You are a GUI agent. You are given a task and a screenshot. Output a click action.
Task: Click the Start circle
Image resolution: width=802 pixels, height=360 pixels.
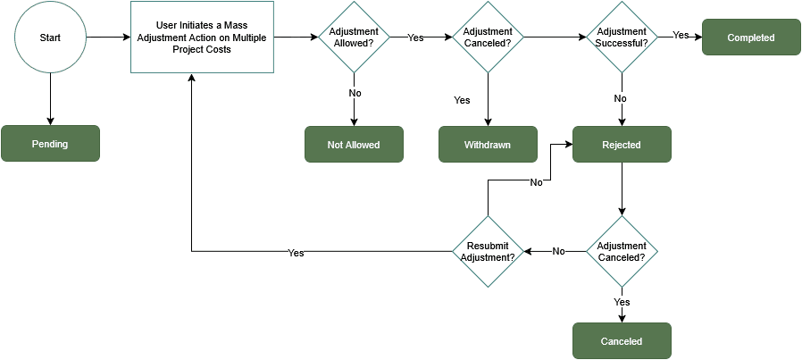pyautogui.click(x=50, y=38)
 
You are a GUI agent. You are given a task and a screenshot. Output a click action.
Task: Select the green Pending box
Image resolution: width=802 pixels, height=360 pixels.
pyautogui.click(x=50, y=144)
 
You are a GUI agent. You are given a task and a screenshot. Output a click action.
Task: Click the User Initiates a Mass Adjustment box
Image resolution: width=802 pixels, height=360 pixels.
pyautogui.click(x=202, y=38)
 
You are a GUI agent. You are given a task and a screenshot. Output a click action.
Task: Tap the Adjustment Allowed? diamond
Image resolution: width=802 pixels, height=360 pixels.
pyautogui.click(x=354, y=38)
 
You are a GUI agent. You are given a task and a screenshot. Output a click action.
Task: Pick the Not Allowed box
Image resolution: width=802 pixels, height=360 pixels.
pyautogui.click(x=354, y=145)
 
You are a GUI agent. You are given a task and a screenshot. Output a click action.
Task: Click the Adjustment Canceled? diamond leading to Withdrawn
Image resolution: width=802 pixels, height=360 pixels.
pyautogui.click(x=488, y=38)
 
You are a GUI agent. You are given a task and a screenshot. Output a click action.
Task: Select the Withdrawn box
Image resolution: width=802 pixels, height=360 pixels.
pyautogui.click(x=488, y=145)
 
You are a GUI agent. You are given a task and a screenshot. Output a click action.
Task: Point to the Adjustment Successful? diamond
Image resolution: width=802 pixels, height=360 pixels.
pyautogui.click(x=622, y=38)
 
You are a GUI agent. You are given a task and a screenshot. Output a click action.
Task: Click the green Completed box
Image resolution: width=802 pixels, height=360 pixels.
pyautogui.click(x=751, y=38)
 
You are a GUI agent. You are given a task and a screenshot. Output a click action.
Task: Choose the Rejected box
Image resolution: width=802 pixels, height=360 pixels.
pyautogui.click(x=622, y=145)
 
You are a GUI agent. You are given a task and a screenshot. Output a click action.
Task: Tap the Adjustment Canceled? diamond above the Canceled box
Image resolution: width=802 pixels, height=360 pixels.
pyautogui.click(x=622, y=251)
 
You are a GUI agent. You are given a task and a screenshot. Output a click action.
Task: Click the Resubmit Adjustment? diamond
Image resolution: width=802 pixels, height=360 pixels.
pyautogui.click(x=488, y=251)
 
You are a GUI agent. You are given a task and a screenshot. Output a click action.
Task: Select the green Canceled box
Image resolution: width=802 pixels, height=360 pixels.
pyautogui.click(x=622, y=341)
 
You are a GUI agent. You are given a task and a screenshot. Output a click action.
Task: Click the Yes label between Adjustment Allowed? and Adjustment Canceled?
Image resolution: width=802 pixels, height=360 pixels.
pyautogui.click(x=416, y=38)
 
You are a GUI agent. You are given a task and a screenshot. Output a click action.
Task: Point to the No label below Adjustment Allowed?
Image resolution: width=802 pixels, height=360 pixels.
pyautogui.click(x=355, y=92)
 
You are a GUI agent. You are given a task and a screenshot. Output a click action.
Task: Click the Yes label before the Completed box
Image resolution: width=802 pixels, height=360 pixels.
pyautogui.click(x=681, y=35)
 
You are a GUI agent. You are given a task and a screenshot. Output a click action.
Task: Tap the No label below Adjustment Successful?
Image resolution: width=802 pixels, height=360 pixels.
pyautogui.click(x=621, y=98)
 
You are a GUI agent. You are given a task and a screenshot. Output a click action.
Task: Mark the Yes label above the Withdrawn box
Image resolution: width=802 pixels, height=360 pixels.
pyautogui.click(x=462, y=100)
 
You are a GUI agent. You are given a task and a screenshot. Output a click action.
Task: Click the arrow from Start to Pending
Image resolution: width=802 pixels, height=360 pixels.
pyautogui.click(x=50, y=99)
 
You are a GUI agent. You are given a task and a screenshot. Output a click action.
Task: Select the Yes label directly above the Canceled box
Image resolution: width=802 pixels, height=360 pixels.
pyautogui.click(x=622, y=302)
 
